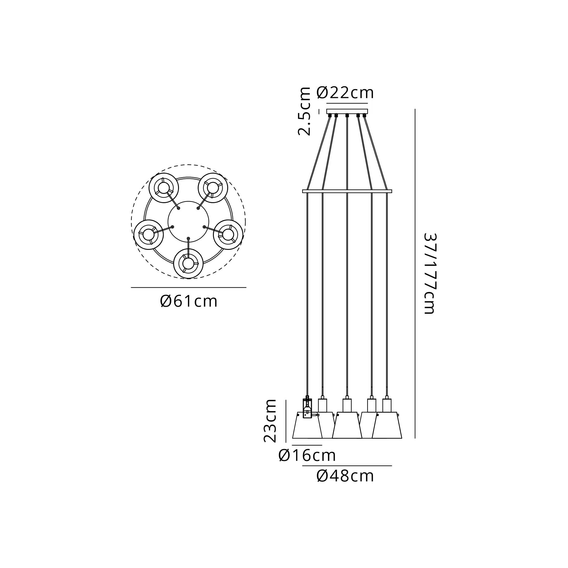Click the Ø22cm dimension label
click(x=345, y=93)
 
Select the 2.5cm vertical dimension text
click(x=304, y=111)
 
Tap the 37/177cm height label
click(x=430, y=274)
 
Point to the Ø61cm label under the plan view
click(x=189, y=301)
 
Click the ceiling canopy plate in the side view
click(x=347, y=111)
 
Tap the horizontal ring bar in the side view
click(x=347, y=191)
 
